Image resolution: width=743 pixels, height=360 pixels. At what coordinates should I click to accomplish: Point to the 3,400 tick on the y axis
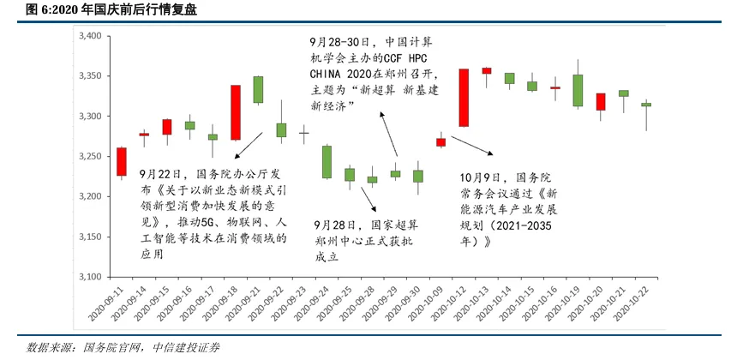89,36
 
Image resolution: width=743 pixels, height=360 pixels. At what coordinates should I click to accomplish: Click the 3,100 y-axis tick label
89,277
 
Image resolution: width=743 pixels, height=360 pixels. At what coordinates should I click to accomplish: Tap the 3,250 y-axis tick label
89,156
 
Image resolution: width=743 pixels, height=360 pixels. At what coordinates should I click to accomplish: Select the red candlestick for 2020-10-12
464,98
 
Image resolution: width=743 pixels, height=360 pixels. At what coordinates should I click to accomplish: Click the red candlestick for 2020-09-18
235,112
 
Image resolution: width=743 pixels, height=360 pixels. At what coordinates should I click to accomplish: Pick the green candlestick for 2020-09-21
258,90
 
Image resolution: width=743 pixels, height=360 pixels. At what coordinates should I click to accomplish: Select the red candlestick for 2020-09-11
121,162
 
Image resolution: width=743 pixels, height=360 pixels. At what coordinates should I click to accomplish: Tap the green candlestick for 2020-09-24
327,162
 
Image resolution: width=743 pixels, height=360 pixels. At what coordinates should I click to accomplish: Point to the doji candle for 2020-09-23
303,133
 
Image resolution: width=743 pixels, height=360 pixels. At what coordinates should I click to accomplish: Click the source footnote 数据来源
123,347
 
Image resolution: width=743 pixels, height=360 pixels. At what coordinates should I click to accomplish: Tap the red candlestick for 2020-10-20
601,102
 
